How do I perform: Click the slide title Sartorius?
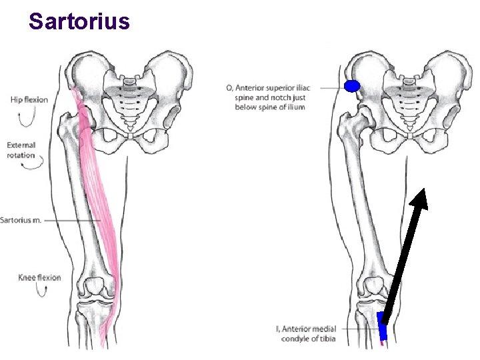(79, 21)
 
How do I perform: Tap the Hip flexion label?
(29, 100)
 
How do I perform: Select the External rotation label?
(21, 150)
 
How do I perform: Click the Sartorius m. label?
(21, 220)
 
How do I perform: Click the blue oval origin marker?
(352, 85)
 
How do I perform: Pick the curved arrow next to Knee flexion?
(29, 292)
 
